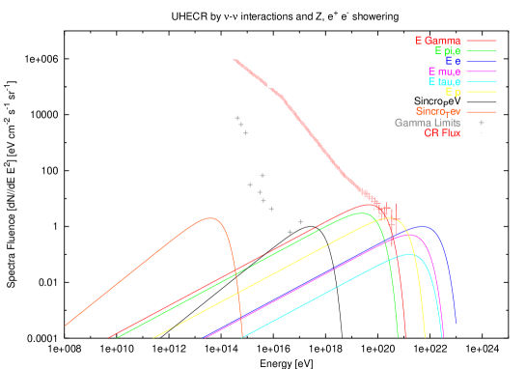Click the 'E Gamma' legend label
tap(438, 41)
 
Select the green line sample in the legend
tap(481, 51)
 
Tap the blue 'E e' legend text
tap(454, 61)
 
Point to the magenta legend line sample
tap(481, 72)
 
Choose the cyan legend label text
tap(445, 82)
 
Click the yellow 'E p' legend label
tap(454, 93)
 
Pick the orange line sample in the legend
tap(481, 112)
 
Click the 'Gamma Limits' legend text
tap(427, 123)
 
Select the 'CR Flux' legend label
tap(442, 133)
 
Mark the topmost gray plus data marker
tap(237, 118)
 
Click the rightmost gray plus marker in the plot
tap(301, 221)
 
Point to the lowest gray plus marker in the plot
tap(290, 232)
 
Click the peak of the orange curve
tap(209, 218)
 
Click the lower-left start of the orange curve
tap(66, 326)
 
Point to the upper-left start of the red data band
tap(235, 60)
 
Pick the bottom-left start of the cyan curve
tap(241, 337)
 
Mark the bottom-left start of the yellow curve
tap(154, 337)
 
